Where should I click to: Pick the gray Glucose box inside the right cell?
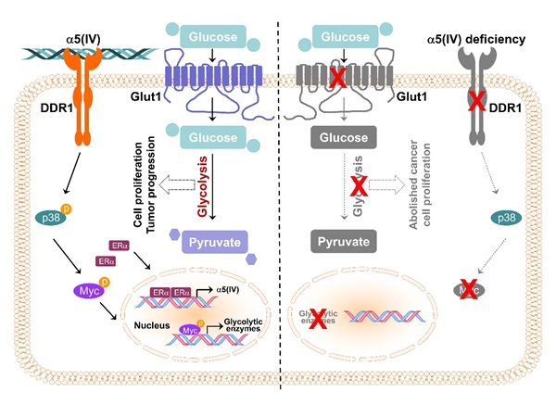click(x=342, y=139)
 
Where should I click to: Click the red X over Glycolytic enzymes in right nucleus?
click(x=319, y=318)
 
